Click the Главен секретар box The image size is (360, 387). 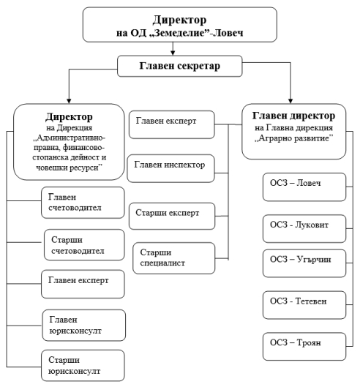pyautogui.click(x=179, y=66)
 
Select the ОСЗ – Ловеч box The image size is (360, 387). pyautogui.click(x=304, y=187)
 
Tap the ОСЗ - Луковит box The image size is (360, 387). pyautogui.click(x=304, y=229)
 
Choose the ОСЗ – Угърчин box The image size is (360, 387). pyautogui.click(x=304, y=263)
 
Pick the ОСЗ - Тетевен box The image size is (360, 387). pyautogui.click(x=304, y=305)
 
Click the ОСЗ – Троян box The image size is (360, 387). pyautogui.click(x=304, y=347)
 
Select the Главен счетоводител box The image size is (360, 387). pyautogui.click(x=83, y=203)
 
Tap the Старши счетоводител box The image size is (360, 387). pyautogui.click(x=84, y=245)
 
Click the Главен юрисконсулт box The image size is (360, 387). pyautogui.click(x=83, y=326)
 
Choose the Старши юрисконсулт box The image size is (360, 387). pyautogui.click(x=83, y=366)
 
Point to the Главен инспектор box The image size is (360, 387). pyautogui.click(x=171, y=168)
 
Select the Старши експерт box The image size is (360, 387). pyautogui.click(x=172, y=217)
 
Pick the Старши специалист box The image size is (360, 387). pyautogui.click(x=174, y=258)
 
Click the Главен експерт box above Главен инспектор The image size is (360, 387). pyautogui.click(x=172, y=124)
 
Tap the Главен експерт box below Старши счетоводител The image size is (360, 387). pyautogui.click(x=83, y=284)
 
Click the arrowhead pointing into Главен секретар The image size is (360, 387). pyautogui.click(x=173, y=53)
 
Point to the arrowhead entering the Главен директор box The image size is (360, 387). pyautogui.click(x=290, y=101)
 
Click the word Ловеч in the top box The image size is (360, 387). pyautogui.click(x=228, y=33)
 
